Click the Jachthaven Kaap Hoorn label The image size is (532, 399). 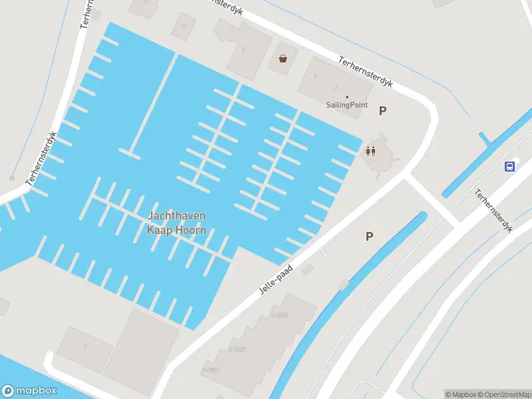pos(176,223)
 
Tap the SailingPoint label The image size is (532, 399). pos(346,105)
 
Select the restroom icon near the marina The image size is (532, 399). pos(370,151)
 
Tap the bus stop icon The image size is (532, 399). pos(510,166)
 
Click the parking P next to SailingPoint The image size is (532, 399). pos(382,111)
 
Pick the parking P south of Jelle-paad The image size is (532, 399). pos(369,236)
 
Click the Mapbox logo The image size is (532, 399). pos(29,391)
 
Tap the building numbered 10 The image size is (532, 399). pos(184,27)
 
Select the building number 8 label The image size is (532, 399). pos(243,49)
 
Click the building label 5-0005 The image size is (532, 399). pos(237,349)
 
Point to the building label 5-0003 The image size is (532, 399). pos(278,315)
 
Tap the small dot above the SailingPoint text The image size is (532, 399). pos(346,97)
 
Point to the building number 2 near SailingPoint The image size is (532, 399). pos(335,87)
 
